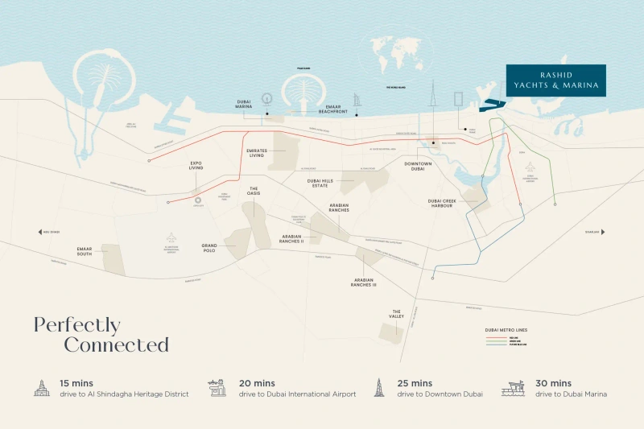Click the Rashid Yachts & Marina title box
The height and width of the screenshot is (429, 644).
click(556, 81)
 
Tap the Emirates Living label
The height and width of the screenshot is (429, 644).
click(256, 153)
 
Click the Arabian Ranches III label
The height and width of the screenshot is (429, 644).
click(364, 283)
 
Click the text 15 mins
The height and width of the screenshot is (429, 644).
click(78, 383)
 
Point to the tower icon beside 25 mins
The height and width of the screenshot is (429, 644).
click(378, 388)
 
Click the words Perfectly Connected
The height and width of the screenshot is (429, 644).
click(101, 335)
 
